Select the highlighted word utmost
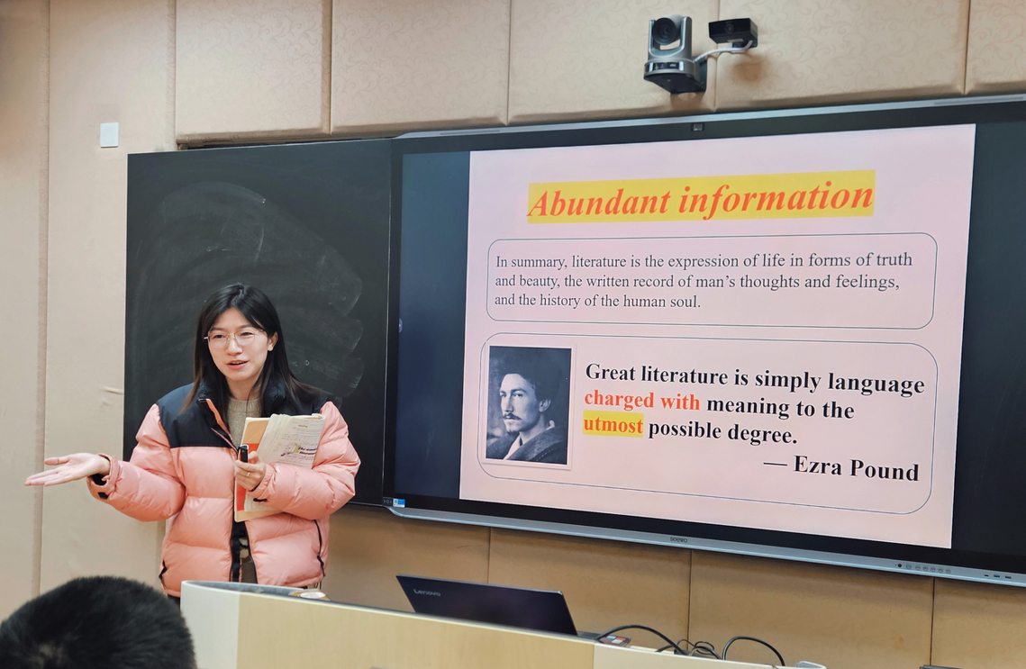(x=613, y=425)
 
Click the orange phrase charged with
(x=642, y=400)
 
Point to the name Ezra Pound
(x=856, y=467)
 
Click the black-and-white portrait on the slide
(x=528, y=405)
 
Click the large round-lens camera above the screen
(x=673, y=54)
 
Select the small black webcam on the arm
(x=733, y=32)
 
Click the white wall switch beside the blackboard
(x=109, y=135)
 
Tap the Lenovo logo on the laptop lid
(x=426, y=592)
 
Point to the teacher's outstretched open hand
(x=67, y=469)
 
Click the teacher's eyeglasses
(x=234, y=338)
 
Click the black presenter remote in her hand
(x=242, y=454)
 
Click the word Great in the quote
(x=611, y=372)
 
